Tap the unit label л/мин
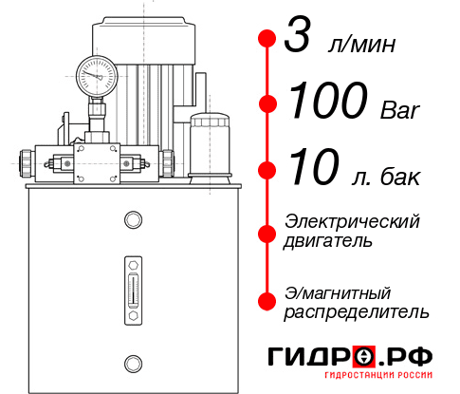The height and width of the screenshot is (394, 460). tap(360, 45)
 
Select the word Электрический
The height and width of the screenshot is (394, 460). tap(352, 221)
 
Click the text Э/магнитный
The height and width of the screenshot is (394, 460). tap(338, 291)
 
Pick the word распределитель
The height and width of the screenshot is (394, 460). tap(357, 311)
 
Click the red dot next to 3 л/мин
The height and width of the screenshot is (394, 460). tap(267, 40)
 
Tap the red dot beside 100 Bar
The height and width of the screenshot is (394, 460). tap(267, 103)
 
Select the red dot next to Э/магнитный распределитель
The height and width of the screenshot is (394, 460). tap(267, 300)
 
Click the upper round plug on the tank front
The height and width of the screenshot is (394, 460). tap(132, 220)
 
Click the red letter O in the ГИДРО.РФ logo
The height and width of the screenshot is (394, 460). tap(364, 357)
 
